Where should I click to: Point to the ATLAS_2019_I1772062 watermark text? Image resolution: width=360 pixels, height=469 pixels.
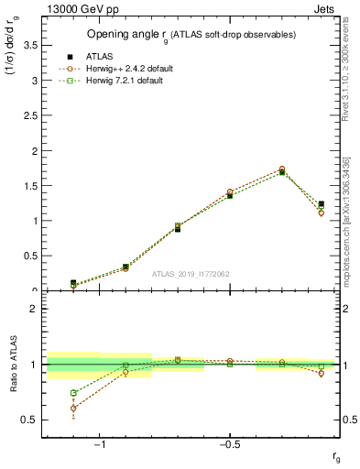coord(191,274)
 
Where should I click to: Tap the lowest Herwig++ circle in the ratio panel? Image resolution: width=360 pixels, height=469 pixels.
coord(73,408)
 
